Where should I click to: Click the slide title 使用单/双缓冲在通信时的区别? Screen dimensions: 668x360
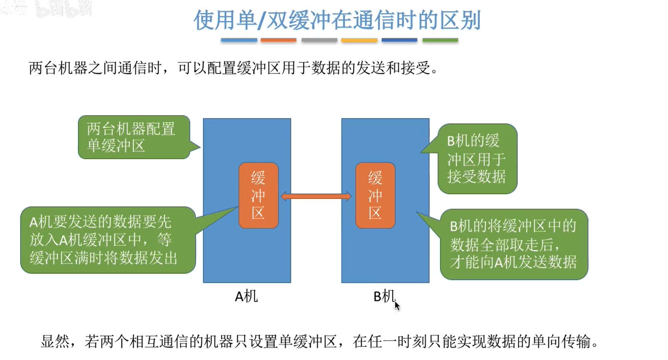pos(336,20)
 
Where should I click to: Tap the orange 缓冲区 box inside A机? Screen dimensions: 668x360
pos(258,195)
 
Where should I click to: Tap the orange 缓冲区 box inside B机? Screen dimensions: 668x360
pos(375,195)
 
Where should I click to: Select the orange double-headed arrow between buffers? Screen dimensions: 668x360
pos(317,196)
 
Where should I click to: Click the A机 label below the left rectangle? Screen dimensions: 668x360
pos(246,296)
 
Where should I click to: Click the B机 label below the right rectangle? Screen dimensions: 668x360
pos(384,296)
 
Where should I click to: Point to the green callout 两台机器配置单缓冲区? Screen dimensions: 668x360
pos(134,137)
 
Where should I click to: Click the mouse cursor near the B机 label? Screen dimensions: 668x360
pos(397,306)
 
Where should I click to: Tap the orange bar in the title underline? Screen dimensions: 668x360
pos(278,40)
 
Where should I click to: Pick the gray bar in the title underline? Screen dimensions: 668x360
pos(319,40)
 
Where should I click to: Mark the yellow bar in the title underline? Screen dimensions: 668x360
pos(359,40)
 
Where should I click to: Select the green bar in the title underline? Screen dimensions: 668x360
pos(440,40)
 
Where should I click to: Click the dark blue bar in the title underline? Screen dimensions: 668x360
pos(400,40)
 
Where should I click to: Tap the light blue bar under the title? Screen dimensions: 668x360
pos(239,40)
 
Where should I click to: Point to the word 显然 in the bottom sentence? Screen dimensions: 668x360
pos(55,341)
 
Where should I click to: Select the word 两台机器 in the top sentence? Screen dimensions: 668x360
pos(58,68)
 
